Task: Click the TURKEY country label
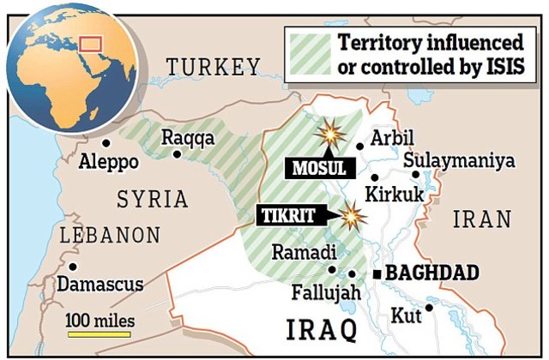(213, 67)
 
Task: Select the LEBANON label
(109, 235)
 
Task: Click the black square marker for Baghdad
(375, 275)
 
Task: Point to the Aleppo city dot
(106, 143)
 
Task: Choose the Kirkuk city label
(394, 195)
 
